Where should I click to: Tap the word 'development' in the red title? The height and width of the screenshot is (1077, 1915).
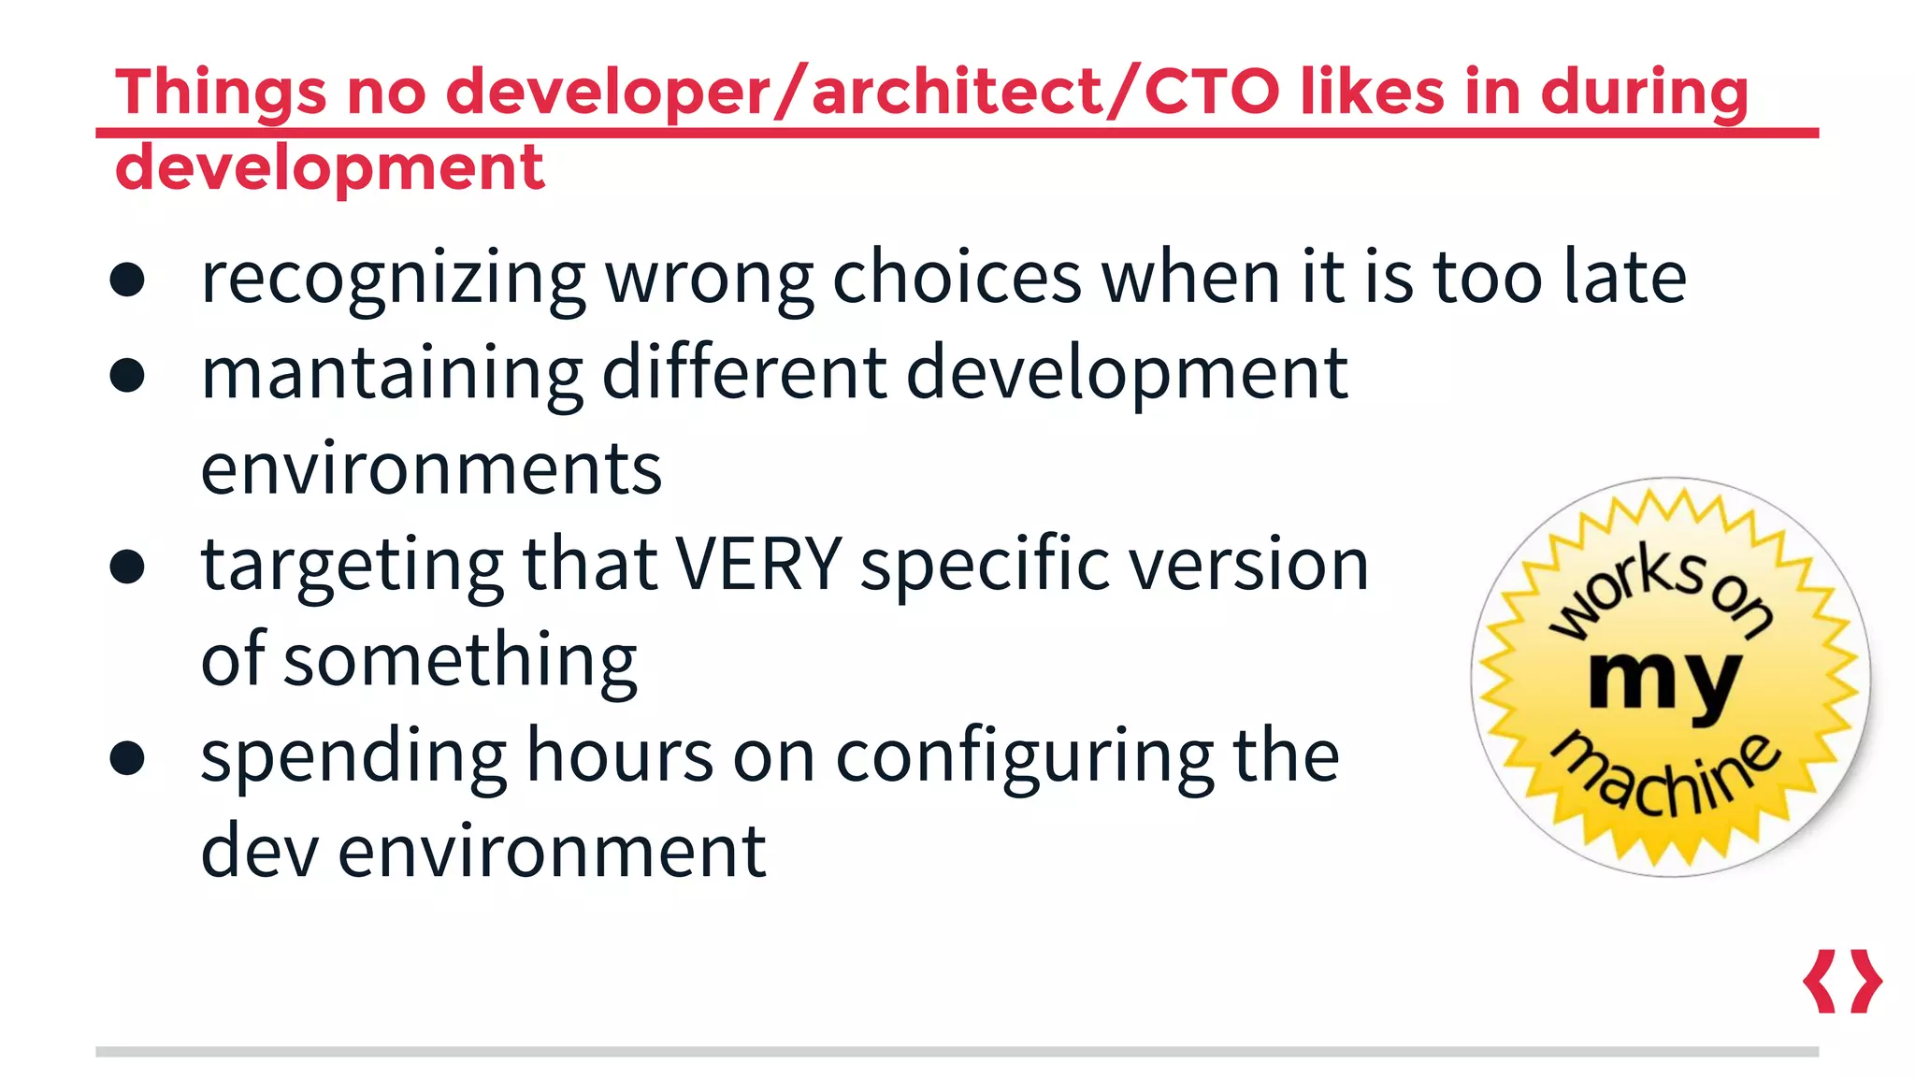tap(329, 168)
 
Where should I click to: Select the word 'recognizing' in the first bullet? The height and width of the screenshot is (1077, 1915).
tap(393, 279)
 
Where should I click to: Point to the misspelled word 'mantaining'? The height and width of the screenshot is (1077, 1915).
tap(392, 374)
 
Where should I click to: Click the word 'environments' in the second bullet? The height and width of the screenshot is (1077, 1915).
tap(431, 468)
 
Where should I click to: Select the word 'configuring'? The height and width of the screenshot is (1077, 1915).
tap(1024, 757)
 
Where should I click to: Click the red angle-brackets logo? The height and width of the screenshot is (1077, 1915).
tap(1842, 982)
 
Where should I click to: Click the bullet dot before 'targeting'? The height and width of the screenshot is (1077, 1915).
tap(127, 567)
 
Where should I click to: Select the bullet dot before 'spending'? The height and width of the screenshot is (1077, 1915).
tap(127, 757)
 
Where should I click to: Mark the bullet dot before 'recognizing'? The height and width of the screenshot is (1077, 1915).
tap(127, 280)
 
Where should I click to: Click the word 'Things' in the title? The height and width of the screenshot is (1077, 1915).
tap(221, 93)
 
